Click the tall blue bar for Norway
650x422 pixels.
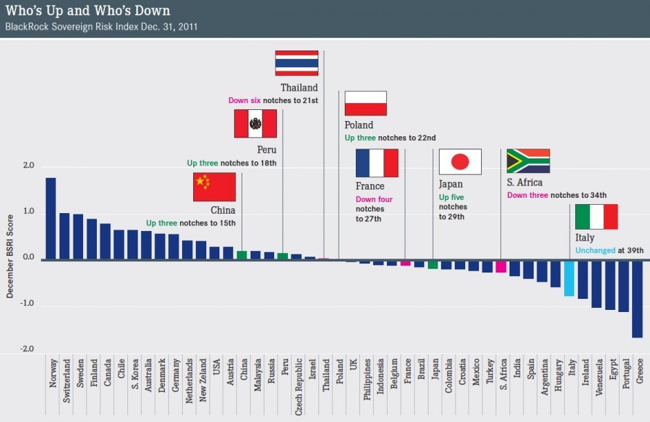click(51, 219)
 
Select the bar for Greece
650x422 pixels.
click(637, 299)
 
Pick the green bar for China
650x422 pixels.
click(242, 255)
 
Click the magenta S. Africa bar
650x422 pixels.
click(501, 266)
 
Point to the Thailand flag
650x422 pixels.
click(296, 63)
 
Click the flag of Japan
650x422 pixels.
click(460, 162)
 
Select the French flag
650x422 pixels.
click(377, 163)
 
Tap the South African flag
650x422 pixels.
click(527, 160)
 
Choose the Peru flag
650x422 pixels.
click(255, 124)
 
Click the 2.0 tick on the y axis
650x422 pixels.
click(28, 166)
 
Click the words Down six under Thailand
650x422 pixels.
click(248, 101)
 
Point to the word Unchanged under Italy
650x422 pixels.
click(595, 250)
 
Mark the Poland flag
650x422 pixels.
click(365, 104)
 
